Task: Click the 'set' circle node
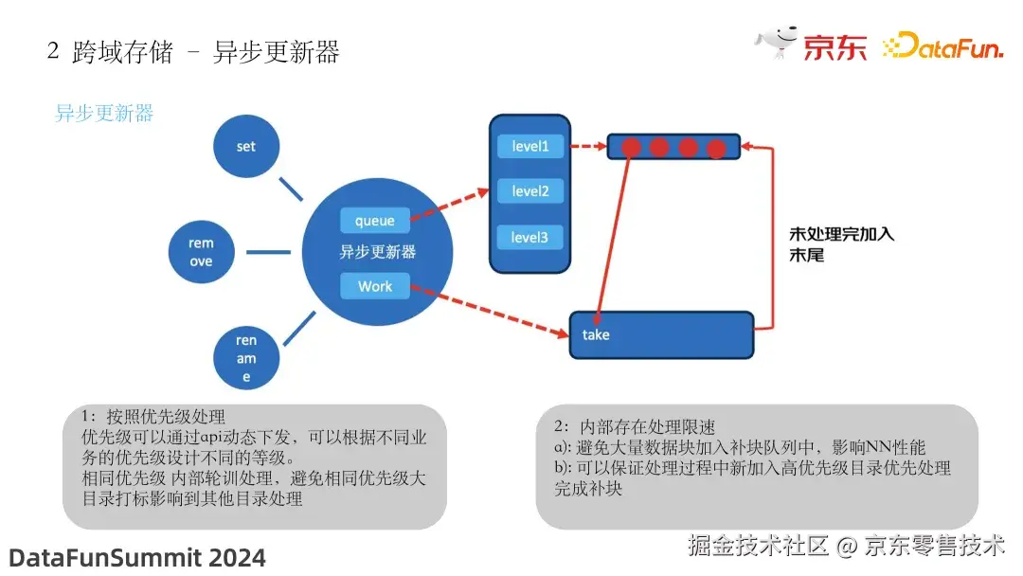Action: tap(246, 147)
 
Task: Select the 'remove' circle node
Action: tap(201, 252)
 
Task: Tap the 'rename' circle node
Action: tap(246, 358)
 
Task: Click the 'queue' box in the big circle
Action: tap(375, 221)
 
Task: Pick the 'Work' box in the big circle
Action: tap(375, 286)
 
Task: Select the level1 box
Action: tap(530, 147)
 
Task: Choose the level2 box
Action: tap(530, 191)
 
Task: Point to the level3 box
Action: tap(530, 237)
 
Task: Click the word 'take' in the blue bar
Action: tap(596, 334)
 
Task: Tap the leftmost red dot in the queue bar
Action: tap(631, 147)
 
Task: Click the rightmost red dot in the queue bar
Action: tap(717, 148)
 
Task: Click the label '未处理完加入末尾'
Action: tap(841, 244)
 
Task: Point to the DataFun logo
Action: tap(942, 46)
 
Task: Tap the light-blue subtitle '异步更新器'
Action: tap(104, 114)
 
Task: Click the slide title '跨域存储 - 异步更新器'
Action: tap(193, 51)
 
